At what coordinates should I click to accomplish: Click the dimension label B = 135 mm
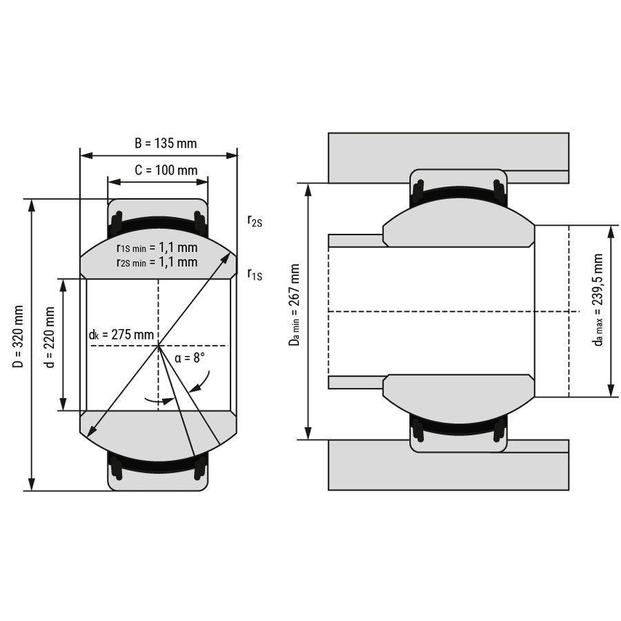coord(166,143)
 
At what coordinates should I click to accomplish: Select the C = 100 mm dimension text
coord(166,170)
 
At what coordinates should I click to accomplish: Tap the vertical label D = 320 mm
coord(18,336)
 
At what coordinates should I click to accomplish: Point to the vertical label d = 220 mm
coord(50,337)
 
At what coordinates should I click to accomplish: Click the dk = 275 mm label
coord(121,335)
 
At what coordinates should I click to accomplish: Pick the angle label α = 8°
coord(190,358)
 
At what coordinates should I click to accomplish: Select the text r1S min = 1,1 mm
coord(157,248)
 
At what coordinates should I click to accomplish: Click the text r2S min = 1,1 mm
coord(157,262)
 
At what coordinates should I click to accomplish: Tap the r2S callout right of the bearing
coord(255,221)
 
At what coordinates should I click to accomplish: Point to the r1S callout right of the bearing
coord(255,275)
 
